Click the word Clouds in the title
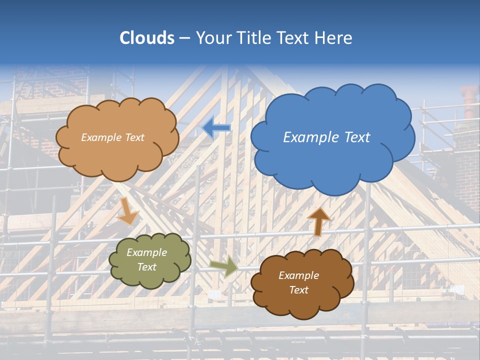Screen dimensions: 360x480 pos(147,38)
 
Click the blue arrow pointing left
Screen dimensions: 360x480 pos(216,128)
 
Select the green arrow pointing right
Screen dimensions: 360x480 pos(224,266)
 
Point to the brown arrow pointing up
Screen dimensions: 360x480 pos(318,221)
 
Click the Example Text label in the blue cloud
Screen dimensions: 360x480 pos(326,137)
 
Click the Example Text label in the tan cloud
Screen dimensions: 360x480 pos(112,137)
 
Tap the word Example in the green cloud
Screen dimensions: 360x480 pos(146,252)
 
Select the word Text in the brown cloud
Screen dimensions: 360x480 pos(298,290)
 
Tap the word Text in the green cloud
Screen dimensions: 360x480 pos(146,267)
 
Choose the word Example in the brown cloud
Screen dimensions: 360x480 pos(298,275)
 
